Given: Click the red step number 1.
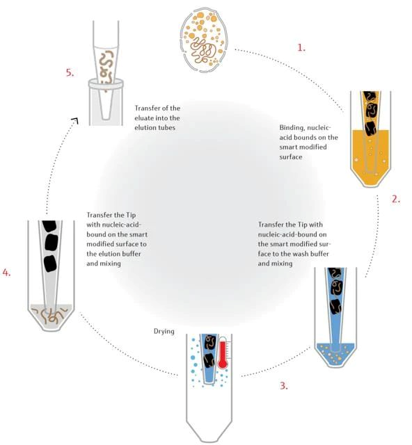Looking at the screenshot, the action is coord(301,47).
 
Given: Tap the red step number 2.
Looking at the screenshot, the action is coord(396,199).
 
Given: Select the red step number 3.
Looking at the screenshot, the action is coord(284,386).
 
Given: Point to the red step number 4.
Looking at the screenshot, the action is coord(6,273).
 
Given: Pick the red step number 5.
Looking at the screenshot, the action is coord(70,72).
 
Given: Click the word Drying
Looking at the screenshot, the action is coord(164,332).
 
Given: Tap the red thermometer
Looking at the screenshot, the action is coord(223,353).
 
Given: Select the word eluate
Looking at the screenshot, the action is coord(144,118).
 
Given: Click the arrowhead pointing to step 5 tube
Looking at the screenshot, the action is coord(75,120).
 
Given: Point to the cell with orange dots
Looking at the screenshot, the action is coord(203,40).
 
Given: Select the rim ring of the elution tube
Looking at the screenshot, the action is coord(106,83).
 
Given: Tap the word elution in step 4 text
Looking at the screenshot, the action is coord(114,254).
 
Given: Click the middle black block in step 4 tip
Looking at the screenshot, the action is coord(51,243).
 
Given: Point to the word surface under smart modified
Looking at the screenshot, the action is coord(291,156).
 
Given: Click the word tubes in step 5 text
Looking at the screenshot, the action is coord(166,128).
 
